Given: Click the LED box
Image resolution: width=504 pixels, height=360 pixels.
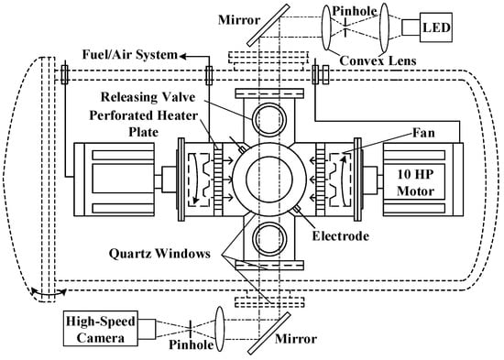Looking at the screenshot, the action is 436,27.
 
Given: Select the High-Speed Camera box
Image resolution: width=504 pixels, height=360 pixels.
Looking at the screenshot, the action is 101,328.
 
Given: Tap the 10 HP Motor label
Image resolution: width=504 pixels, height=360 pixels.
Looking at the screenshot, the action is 415,182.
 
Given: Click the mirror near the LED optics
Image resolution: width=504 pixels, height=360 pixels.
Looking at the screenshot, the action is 268,25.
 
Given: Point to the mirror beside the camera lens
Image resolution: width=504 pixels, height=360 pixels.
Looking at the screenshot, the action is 269,333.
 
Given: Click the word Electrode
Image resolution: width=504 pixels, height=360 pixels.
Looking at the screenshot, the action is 340,236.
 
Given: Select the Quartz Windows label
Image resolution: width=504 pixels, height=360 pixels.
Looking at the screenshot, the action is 159,254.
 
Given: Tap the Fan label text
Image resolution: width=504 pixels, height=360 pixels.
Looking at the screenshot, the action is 423,133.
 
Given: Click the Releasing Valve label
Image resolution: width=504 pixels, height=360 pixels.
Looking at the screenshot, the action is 148,97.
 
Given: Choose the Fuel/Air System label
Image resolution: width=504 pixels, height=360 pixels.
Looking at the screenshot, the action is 130,55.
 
